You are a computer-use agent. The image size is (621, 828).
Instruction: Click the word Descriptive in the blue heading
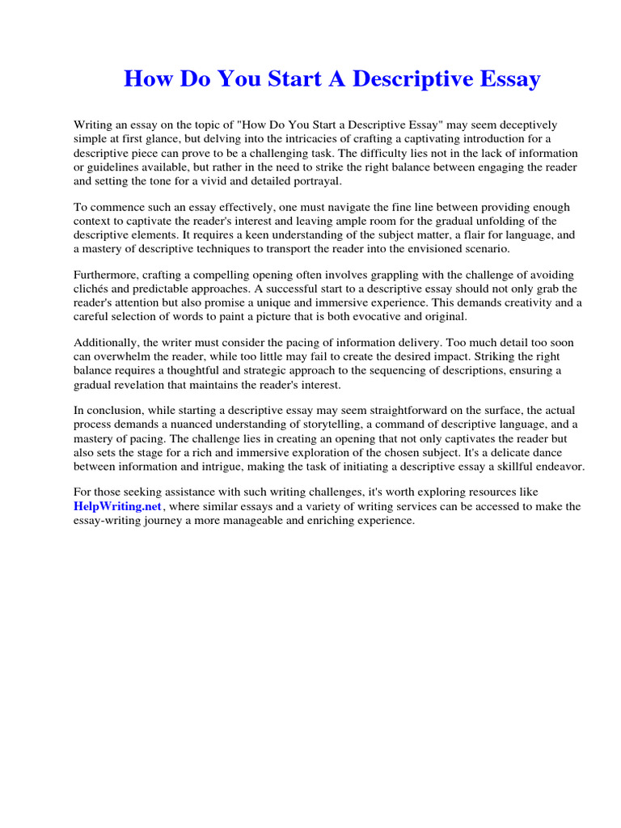(416, 79)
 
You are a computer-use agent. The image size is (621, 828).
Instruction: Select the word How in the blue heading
(146, 79)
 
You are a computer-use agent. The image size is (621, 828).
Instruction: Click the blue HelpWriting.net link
(118, 507)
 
